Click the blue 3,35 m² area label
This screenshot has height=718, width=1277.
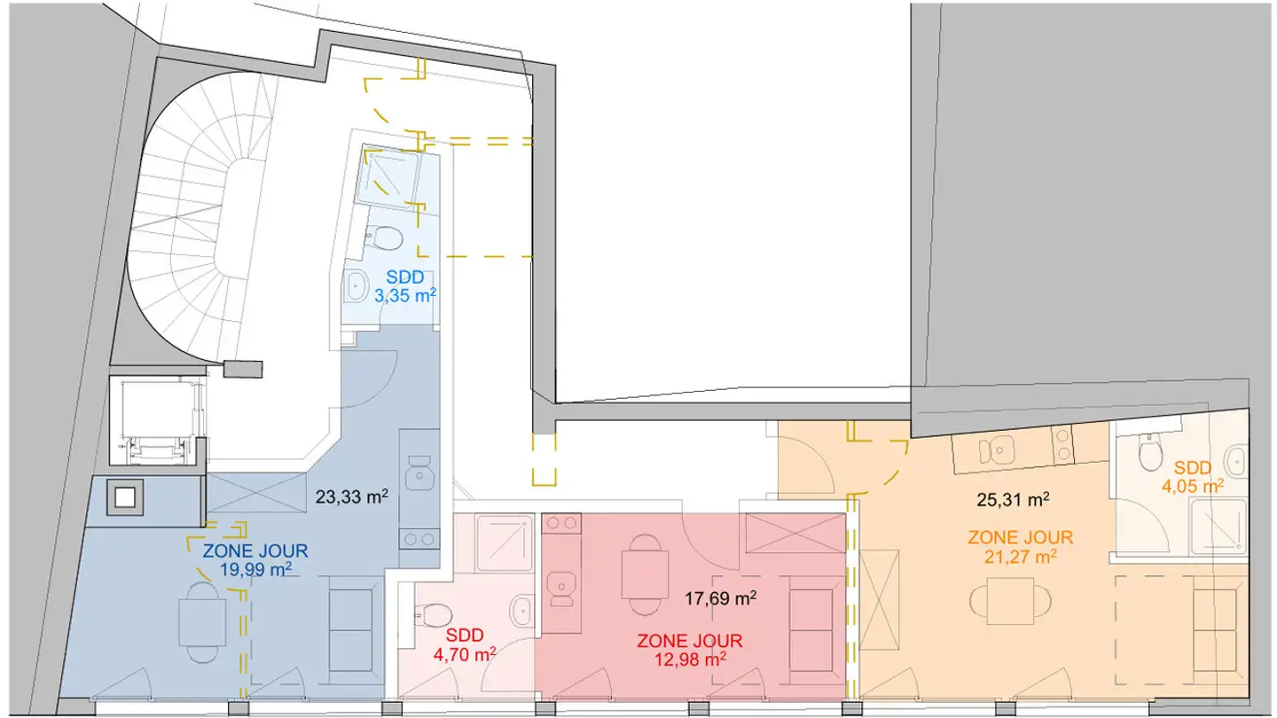coord(405,295)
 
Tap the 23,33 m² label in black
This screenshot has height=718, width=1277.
coord(352,496)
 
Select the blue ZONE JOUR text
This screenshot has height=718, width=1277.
coord(255,551)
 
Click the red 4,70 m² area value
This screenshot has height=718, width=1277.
coord(465,654)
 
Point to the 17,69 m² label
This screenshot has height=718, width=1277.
coord(721,597)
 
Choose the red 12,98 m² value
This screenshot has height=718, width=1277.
coord(690,659)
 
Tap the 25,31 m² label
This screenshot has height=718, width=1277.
coord(1013,499)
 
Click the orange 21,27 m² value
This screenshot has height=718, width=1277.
coord(1021,556)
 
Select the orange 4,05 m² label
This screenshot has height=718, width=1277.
coord(1193,486)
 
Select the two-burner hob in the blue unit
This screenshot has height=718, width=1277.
coord(419,539)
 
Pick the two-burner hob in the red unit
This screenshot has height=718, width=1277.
coord(561,523)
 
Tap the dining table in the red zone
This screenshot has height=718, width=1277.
coord(645,574)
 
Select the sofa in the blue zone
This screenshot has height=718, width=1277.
coord(350,630)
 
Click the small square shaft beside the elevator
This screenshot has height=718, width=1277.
coord(125,497)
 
